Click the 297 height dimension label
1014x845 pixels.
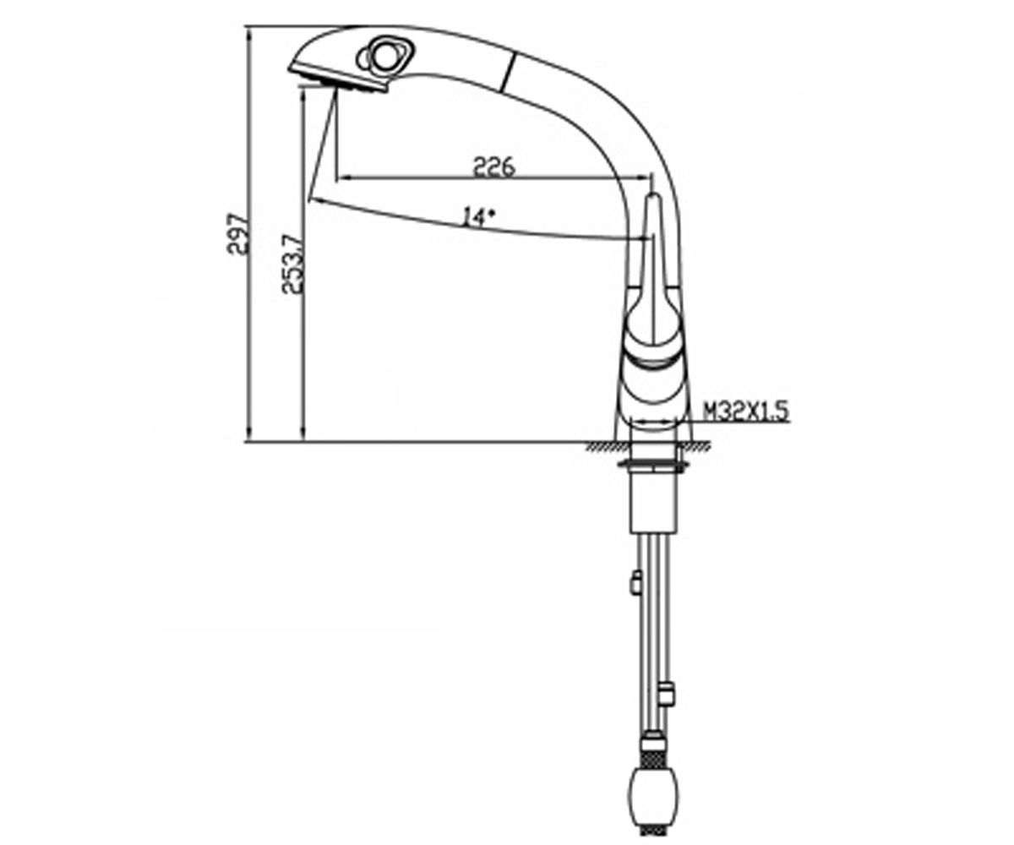pyautogui.click(x=238, y=233)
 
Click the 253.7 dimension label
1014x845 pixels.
pyautogui.click(x=294, y=264)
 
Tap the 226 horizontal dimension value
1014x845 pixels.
pyautogui.click(x=493, y=166)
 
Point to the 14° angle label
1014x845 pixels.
pyautogui.click(x=477, y=217)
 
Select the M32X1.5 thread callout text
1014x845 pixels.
pyautogui.click(x=746, y=412)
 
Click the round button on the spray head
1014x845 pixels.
pyautogui.click(x=384, y=57)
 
